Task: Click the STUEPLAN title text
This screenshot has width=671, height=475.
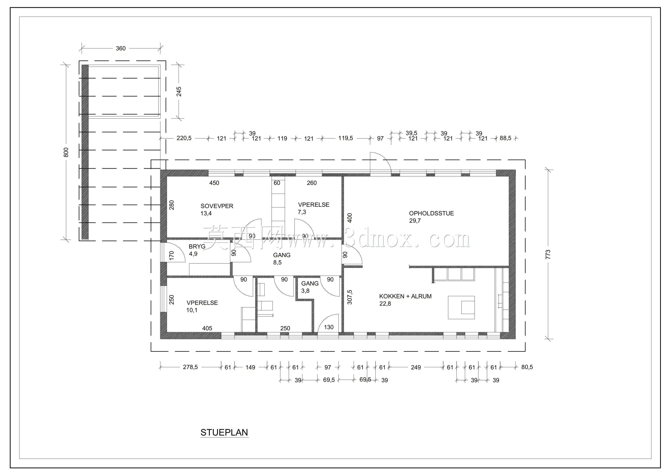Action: [x=224, y=433]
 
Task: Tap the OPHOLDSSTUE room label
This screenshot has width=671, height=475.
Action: [x=431, y=213]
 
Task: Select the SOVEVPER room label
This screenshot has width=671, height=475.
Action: [x=217, y=206]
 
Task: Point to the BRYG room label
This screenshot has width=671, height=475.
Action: [x=197, y=246]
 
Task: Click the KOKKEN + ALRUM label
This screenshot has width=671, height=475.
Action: [x=405, y=296]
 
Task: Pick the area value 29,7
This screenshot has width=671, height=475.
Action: [x=415, y=221]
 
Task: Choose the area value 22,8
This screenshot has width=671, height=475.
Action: [x=385, y=304]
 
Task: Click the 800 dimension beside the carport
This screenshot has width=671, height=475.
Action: [x=66, y=152]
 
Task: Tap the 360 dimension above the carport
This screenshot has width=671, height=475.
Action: [x=121, y=48]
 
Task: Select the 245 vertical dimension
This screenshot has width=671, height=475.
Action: [x=179, y=92]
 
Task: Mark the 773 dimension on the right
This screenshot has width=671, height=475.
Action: [x=548, y=254]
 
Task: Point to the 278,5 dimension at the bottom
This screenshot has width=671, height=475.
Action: [x=190, y=367]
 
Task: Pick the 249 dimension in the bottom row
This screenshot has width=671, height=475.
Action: [x=416, y=367]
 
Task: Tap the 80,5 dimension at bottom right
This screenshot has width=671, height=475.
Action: [x=527, y=367]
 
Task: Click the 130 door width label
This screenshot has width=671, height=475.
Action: [x=329, y=327]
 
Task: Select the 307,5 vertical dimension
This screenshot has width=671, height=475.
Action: [x=349, y=297]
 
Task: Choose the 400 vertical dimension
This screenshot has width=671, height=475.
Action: [x=349, y=218]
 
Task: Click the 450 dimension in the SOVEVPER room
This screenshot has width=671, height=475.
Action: [x=214, y=183]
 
